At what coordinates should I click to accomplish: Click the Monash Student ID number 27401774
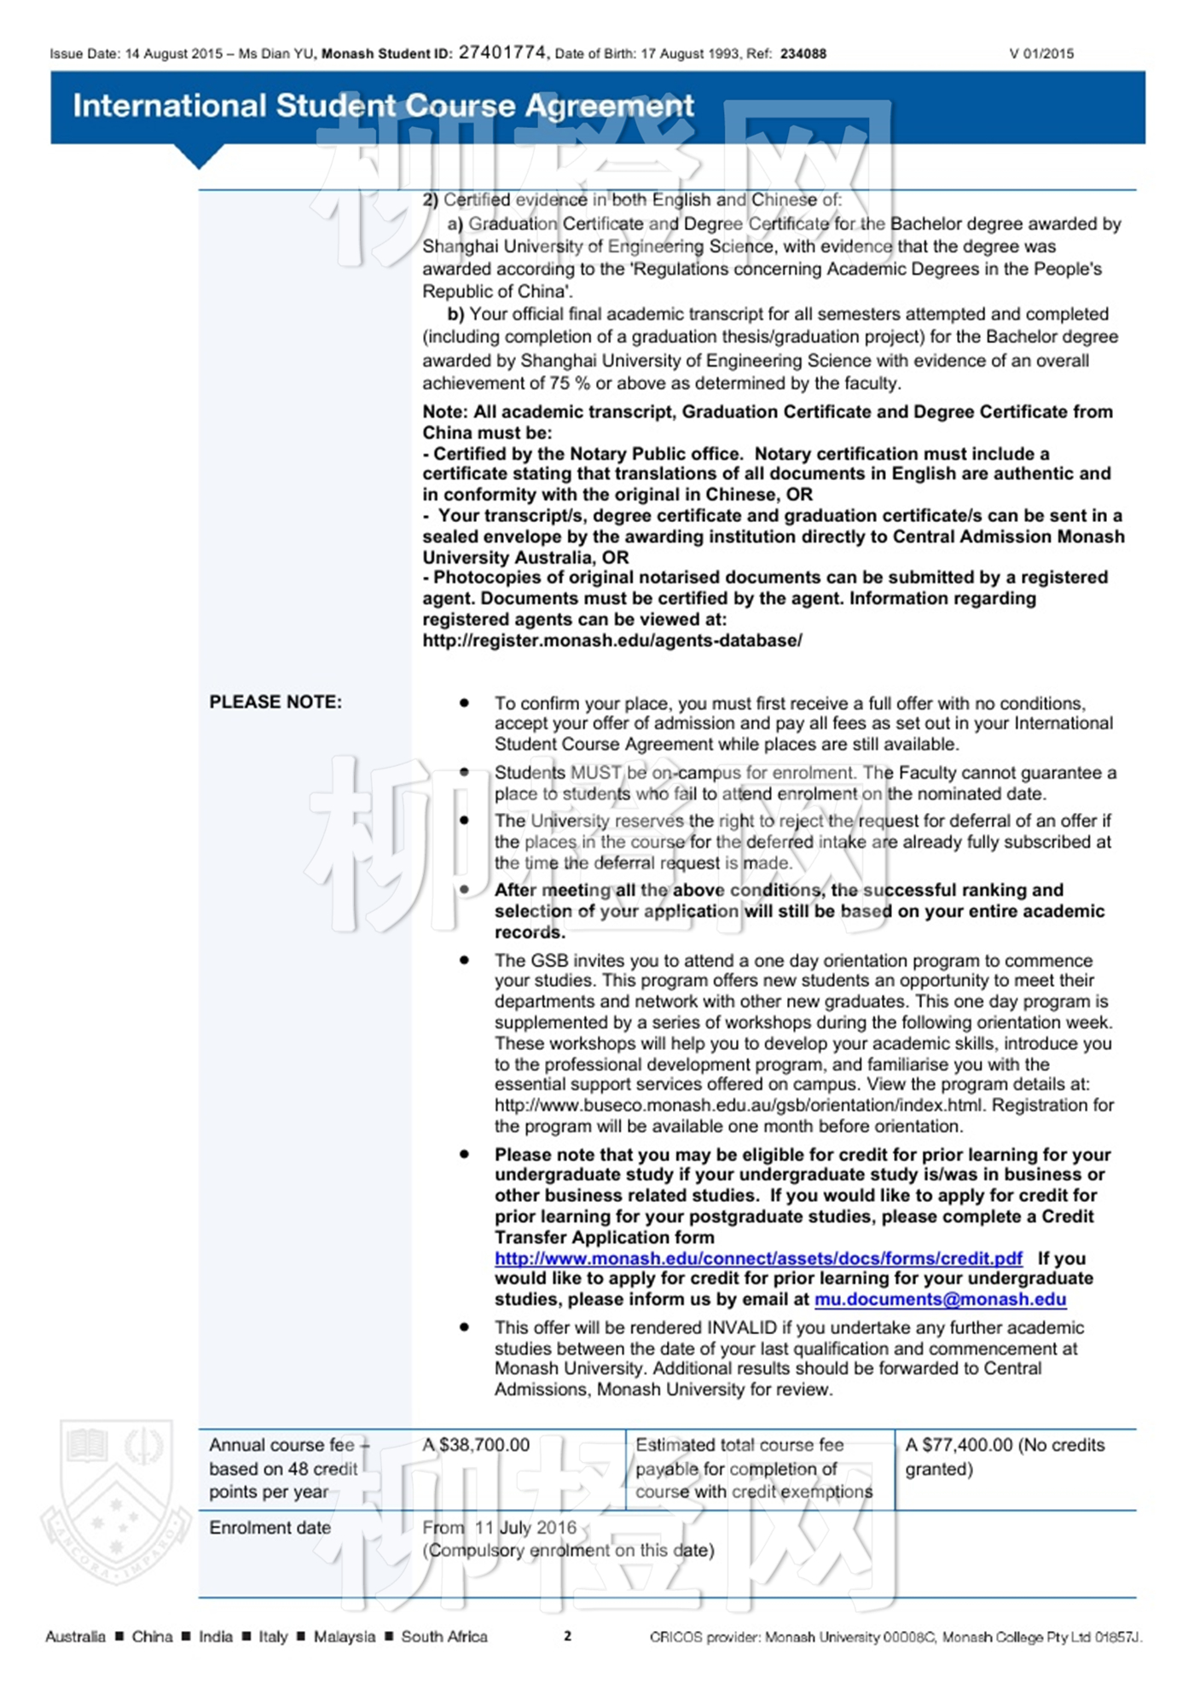click(x=502, y=53)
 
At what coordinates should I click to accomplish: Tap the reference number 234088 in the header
click(x=803, y=54)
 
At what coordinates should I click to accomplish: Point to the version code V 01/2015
click(x=1041, y=54)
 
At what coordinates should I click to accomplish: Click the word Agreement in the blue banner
click(x=609, y=106)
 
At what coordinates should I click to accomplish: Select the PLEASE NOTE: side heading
click(x=275, y=702)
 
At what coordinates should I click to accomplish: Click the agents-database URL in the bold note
click(x=612, y=641)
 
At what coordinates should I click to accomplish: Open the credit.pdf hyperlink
click(x=758, y=1258)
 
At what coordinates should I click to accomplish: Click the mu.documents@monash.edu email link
click(x=940, y=1299)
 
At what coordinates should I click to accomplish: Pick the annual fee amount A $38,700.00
click(x=476, y=1445)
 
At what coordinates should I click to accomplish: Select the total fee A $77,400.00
click(x=959, y=1445)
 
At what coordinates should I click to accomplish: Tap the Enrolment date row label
click(x=270, y=1528)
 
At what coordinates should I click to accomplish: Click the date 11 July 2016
click(x=525, y=1528)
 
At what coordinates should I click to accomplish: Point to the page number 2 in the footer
click(x=567, y=1635)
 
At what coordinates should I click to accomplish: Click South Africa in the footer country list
click(x=444, y=1636)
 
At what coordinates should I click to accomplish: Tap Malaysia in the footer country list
click(x=344, y=1636)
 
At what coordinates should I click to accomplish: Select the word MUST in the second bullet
click(x=595, y=773)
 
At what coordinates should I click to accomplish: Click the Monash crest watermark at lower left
click(x=117, y=1501)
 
